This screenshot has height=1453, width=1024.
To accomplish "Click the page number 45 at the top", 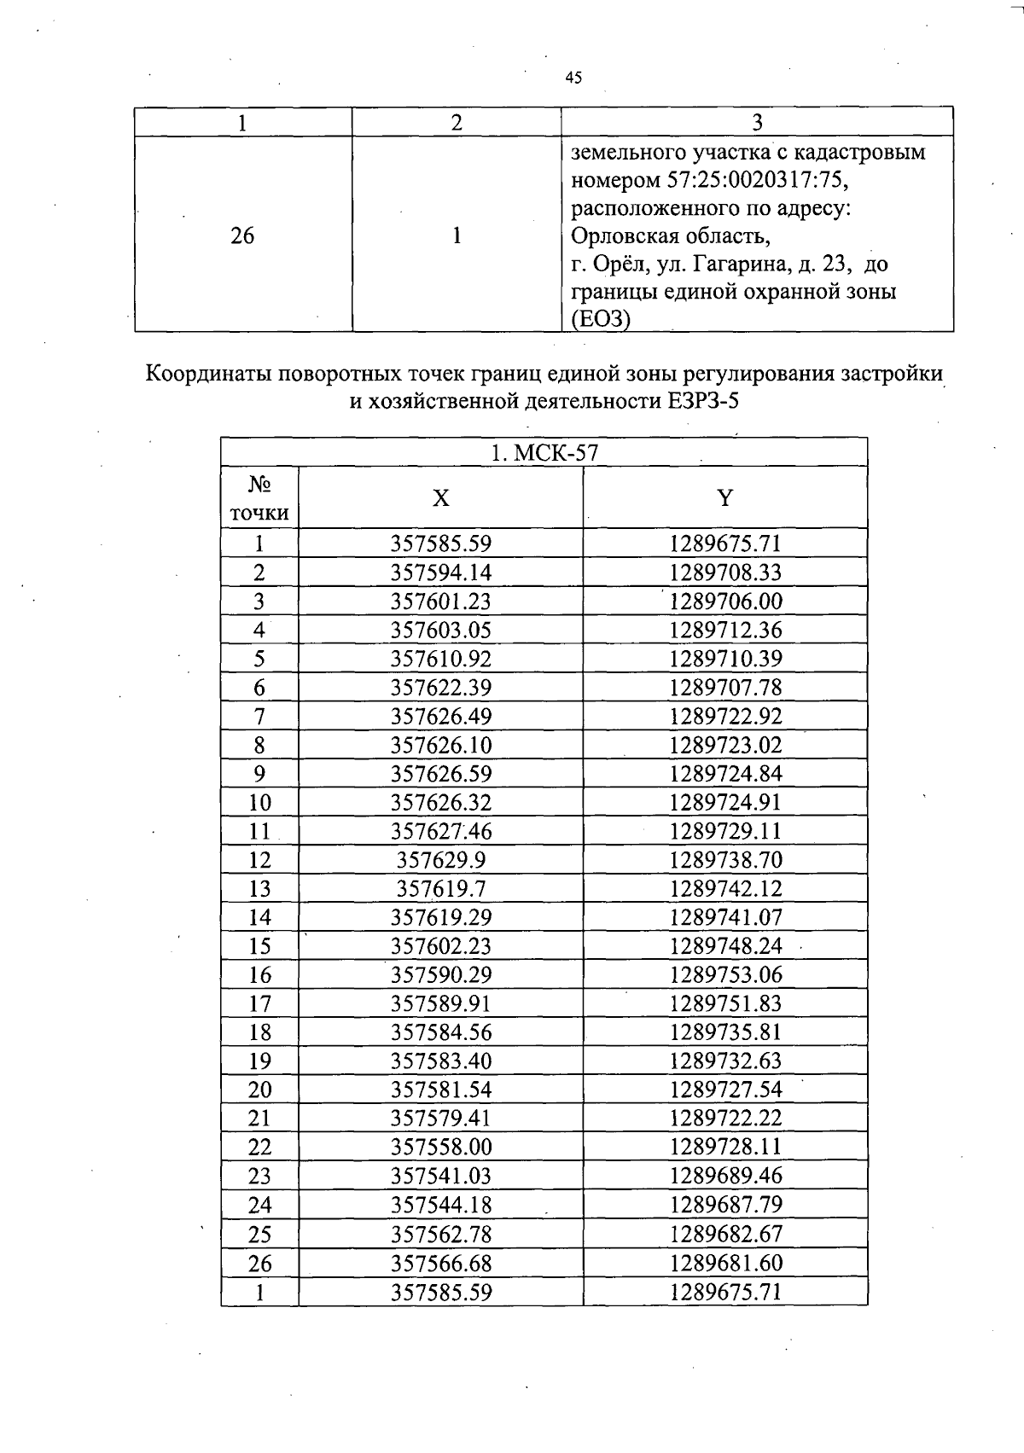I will pos(573,78).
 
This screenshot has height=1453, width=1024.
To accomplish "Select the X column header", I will pos(440,498).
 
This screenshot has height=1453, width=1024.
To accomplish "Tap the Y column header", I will pos(724,498).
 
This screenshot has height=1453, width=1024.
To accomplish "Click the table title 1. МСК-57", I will pos(544,453).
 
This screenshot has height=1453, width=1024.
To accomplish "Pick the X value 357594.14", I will pos(441,572).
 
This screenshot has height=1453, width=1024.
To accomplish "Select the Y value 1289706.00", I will pos(725,602).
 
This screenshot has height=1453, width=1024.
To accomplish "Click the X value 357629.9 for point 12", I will pos(441,860).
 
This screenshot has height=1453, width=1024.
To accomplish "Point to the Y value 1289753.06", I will pos(725,974).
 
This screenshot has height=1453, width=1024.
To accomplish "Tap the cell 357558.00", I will pos(441,1147).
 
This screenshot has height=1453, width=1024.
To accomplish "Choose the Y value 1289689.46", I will pos(725,1176).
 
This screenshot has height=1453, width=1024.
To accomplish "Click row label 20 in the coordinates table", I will pos(259,1090).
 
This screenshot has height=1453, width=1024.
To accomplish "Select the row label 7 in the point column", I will pos(259,717).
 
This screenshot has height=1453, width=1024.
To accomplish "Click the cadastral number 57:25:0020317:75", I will pos(761,181).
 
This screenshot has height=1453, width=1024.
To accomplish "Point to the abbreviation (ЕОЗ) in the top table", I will pos(601,320).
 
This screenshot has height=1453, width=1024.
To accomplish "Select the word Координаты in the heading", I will pos(208,375).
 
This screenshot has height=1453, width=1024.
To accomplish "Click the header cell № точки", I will pos(259,498).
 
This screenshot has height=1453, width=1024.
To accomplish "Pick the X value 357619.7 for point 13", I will pos(441,889).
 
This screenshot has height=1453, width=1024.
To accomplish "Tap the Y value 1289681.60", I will pos(725,1263).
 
